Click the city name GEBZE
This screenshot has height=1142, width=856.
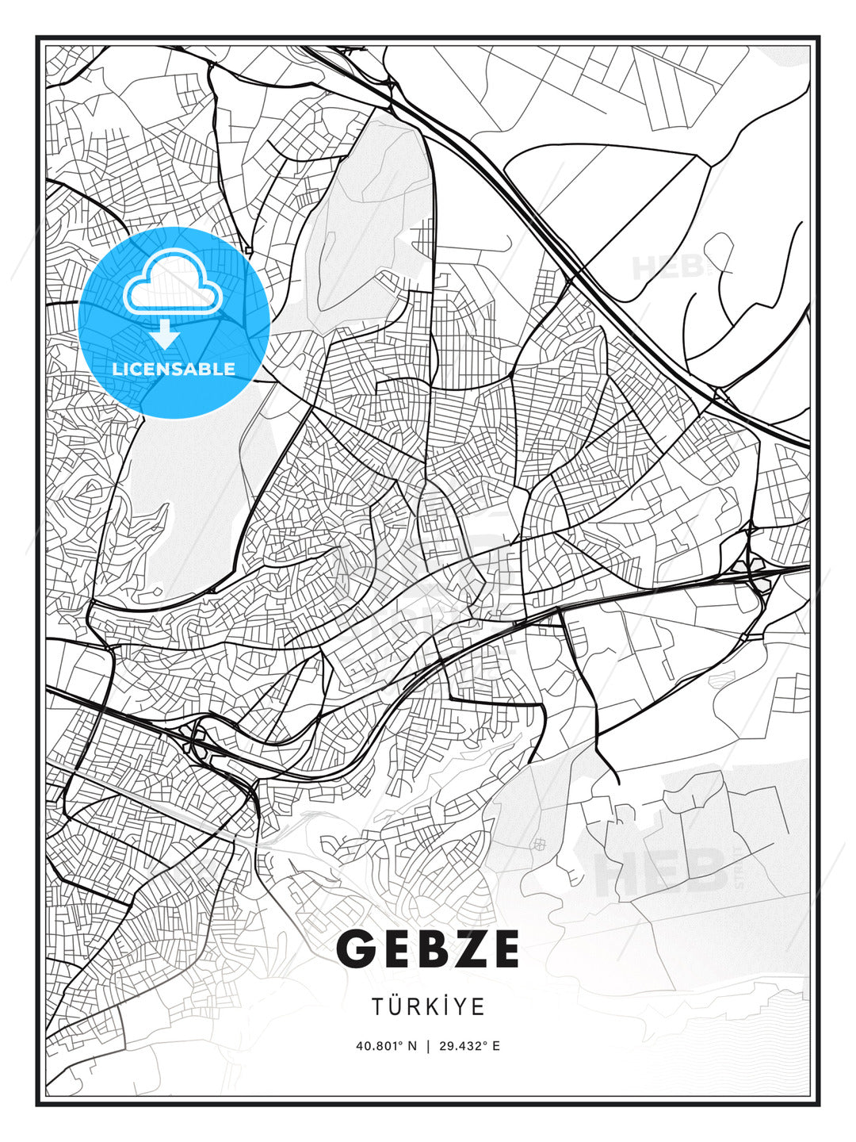pyautogui.click(x=428, y=948)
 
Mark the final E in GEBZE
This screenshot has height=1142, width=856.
pyautogui.click(x=502, y=948)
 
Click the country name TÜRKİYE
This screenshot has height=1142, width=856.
pyautogui.click(x=428, y=1006)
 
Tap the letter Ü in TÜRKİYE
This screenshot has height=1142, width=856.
pyautogui.click(x=399, y=1006)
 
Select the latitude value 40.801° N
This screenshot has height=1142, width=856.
pyautogui.click(x=386, y=1045)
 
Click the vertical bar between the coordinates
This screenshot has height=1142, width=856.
pyautogui.click(x=429, y=1045)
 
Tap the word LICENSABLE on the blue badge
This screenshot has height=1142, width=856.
pyautogui.click(x=174, y=369)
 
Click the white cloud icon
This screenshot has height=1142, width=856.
pyautogui.click(x=171, y=283)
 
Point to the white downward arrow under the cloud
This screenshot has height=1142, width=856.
pyautogui.click(x=166, y=334)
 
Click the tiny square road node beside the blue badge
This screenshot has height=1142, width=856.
pyautogui.click(x=249, y=250)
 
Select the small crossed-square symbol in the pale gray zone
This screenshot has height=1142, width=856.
pyautogui.click(x=540, y=844)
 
